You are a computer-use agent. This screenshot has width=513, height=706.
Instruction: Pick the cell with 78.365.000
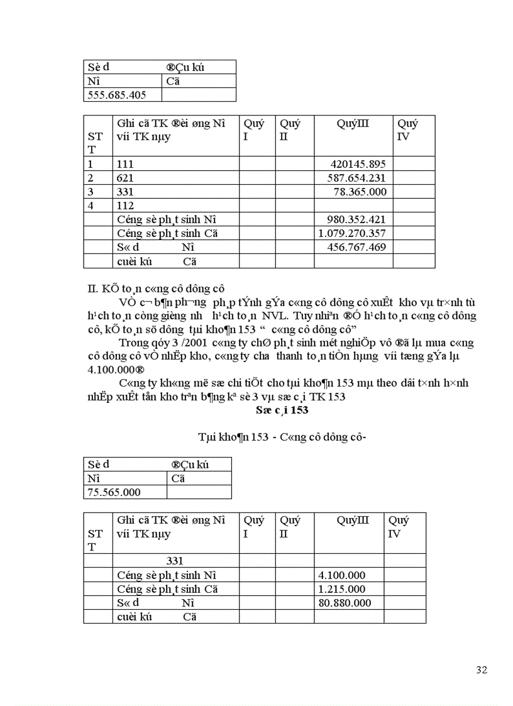point(360,192)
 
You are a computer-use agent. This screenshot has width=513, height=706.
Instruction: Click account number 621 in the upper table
point(125,178)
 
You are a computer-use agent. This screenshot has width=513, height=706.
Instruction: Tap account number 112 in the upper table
point(125,206)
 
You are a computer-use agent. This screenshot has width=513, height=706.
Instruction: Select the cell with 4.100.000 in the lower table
point(342,575)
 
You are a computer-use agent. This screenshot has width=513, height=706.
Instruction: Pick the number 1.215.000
point(342,589)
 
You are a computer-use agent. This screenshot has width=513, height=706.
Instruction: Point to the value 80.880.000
point(345,603)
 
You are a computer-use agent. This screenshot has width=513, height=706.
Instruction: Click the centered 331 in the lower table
point(175,561)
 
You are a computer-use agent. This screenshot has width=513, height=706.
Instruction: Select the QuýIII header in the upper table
point(353,123)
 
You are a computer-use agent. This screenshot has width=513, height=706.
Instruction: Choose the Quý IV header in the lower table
point(399,527)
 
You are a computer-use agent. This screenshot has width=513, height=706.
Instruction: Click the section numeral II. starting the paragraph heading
point(91,289)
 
